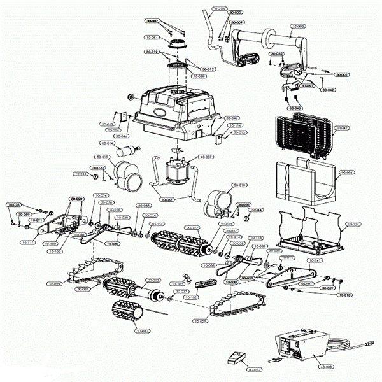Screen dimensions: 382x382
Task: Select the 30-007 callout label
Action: [x=152, y=22]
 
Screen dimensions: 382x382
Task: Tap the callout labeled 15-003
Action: [x=298, y=27]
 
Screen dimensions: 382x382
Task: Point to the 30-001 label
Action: [x=343, y=75]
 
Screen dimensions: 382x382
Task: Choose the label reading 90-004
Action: [x=346, y=172]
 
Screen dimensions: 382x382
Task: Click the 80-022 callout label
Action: [x=253, y=369]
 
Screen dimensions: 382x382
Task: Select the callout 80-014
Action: [x=106, y=143]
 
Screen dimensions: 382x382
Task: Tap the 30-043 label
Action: [x=295, y=108]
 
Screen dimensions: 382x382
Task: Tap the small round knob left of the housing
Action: [x=131, y=97]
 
